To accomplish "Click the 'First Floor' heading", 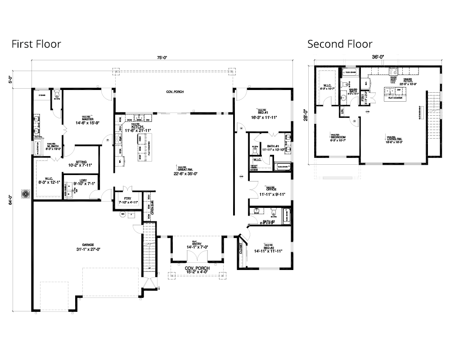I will pyautogui.click(x=36, y=44).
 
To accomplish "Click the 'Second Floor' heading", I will pyautogui.click(x=340, y=44).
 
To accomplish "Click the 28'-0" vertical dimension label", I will pyautogui.click(x=306, y=115).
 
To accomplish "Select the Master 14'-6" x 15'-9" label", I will pyautogui.click(x=87, y=120).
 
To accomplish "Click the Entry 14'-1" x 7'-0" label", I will pyautogui.click(x=196, y=245).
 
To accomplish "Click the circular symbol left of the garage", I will pyautogui.click(x=24, y=194).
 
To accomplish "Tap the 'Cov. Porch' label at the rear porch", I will pyautogui.click(x=175, y=92).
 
